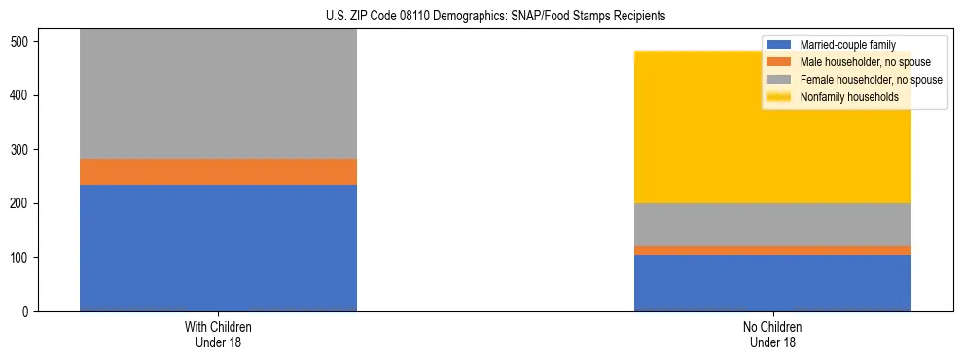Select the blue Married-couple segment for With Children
tap(218, 247)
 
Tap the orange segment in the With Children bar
tap(218, 171)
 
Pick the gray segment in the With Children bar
tap(218, 93)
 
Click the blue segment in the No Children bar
tap(772, 282)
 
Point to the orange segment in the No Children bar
tap(772, 250)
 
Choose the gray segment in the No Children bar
tap(772, 224)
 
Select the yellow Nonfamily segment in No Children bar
tap(681, 126)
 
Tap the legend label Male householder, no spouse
tap(865, 62)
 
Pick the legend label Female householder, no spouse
tap(871, 80)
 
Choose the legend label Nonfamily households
tap(849, 97)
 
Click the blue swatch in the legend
tap(779, 45)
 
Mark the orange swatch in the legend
tap(779, 62)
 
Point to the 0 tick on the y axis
tap(27, 311)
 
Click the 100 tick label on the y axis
tap(21, 258)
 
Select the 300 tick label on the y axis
tap(21, 150)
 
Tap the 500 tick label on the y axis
tap(21, 42)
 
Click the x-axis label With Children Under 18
tap(218, 334)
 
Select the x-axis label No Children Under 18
tap(772, 334)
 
